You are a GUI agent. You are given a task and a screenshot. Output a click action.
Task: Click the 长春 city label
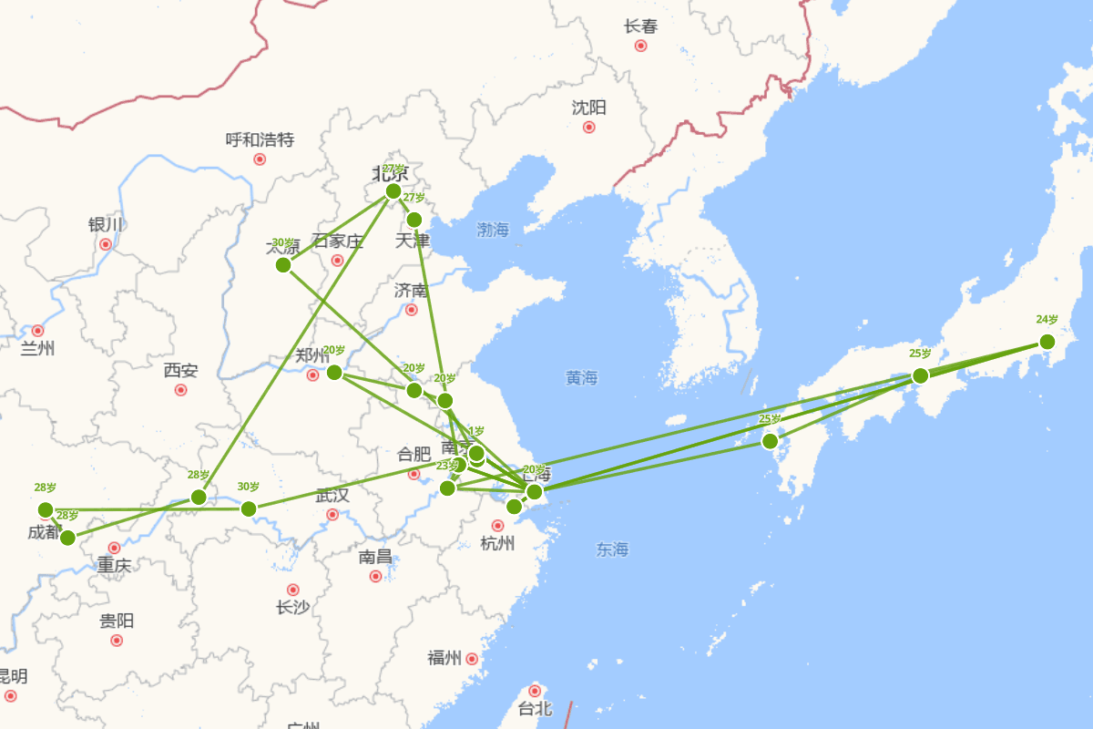tap(640, 26)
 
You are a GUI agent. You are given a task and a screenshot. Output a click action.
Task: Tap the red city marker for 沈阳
tap(588, 127)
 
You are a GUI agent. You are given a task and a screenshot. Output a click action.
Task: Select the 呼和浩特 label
tap(260, 139)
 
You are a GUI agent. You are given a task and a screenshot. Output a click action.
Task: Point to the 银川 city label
tap(105, 224)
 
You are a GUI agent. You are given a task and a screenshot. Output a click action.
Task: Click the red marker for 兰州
tap(37, 331)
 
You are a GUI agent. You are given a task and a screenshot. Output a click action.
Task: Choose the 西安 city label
tap(180, 371)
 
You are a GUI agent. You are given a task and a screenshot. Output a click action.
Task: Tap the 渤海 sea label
tap(493, 230)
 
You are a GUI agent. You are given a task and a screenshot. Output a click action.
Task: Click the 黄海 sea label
tap(581, 377)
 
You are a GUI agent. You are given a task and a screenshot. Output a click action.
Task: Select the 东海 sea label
tap(612, 549)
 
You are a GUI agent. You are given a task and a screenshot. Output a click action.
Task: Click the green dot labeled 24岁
tap(1047, 342)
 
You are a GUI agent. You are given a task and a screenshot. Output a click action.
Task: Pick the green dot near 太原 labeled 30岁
tap(283, 265)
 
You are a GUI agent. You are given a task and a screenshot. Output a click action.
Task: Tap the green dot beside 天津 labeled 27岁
tap(414, 220)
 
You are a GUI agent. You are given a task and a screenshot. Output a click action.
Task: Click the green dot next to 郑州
tap(334, 372)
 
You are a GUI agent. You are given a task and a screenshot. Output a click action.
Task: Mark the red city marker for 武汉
tap(332, 515)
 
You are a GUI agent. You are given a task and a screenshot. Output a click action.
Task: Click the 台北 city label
tap(535, 708)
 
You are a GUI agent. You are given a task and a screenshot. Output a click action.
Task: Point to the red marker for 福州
tap(472, 659)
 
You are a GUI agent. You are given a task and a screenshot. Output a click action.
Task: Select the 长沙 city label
tap(292, 608)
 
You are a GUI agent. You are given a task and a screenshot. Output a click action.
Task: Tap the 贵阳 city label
tap(117, 621)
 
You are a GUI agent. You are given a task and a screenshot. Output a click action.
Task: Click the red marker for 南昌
tap(375, 576)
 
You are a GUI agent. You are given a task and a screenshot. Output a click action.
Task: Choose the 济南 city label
tap(411, 291)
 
